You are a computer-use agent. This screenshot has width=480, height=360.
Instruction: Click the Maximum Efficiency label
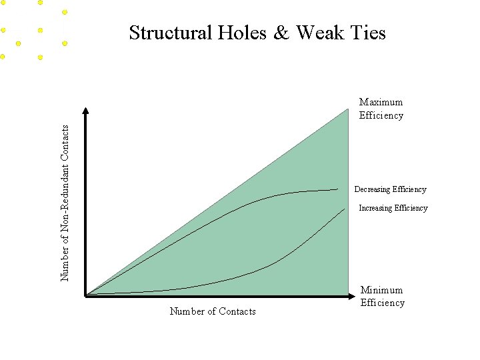point(381,109)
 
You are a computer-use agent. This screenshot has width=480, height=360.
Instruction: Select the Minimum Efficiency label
point(382,296)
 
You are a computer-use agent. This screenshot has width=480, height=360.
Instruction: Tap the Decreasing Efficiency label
point(390,189)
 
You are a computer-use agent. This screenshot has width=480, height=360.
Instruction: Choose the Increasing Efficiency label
point(393,208)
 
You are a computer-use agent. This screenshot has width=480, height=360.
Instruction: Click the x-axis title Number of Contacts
point(213,311)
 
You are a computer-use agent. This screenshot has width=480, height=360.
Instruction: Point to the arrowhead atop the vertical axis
point(86,111)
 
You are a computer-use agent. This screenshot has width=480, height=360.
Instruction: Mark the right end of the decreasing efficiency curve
point(337,189)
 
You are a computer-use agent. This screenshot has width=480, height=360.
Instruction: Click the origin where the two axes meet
point(87,294)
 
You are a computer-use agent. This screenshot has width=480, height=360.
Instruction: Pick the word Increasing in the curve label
point(376,208)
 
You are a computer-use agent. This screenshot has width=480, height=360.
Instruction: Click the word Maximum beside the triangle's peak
point(381,102)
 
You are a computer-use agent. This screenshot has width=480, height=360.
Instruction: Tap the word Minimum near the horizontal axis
point(382,290)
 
